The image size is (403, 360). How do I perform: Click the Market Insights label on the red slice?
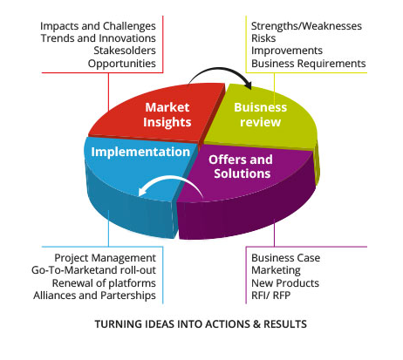point(167,115)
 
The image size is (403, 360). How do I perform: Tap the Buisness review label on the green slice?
point(261,115)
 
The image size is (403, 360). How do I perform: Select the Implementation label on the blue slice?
point(140,153)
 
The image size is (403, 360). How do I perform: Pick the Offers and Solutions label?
point(241,166)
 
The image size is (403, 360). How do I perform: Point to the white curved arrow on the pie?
point(172,177)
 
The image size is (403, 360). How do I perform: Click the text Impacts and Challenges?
point(98,26)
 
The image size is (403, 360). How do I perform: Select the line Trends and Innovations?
point(99,38)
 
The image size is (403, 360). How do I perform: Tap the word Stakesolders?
point(125,51)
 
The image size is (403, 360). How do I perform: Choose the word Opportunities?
point(122,64)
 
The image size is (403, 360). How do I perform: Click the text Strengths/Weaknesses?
point(306,26)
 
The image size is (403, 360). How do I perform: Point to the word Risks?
point(263,38)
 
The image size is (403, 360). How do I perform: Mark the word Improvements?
point(287,51)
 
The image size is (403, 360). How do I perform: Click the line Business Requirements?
point(309,64)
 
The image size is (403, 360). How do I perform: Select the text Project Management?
point(106,258)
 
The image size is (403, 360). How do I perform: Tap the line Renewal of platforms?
point(104,283)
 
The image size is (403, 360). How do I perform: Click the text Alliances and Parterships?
point(94,295)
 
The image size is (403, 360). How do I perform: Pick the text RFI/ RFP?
point(271,295)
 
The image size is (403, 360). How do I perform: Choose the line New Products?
point(285,283)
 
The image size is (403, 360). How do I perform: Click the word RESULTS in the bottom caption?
point(285,324)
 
